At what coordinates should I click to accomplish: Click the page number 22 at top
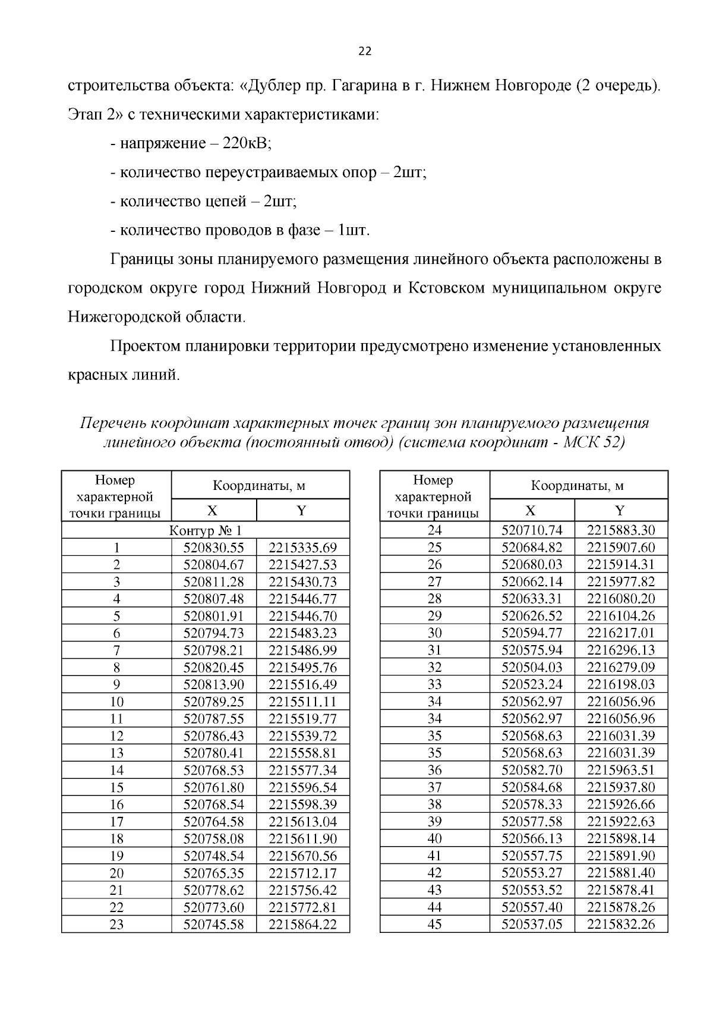point(365,52)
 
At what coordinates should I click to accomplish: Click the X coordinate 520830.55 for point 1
point(214,548)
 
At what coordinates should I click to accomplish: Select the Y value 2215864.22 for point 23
point(302,925)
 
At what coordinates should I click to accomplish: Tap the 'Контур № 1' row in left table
point(206,530)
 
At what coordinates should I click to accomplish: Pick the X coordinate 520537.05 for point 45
point(532,925)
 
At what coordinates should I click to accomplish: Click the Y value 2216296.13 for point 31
point(621,650)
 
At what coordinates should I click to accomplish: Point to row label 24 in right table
point(434,530)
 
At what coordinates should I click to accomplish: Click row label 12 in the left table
point(116,736)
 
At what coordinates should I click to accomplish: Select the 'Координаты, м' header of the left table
point(260,486)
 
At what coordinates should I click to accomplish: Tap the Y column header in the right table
point(620,510)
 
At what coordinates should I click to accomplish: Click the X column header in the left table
point(213,510)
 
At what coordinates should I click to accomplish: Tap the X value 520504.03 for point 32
point(532,667)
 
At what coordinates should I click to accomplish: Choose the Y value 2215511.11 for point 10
point(302,702)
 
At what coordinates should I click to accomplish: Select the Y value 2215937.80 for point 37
point(621,787)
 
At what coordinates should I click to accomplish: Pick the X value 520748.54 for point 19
point(214,856)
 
